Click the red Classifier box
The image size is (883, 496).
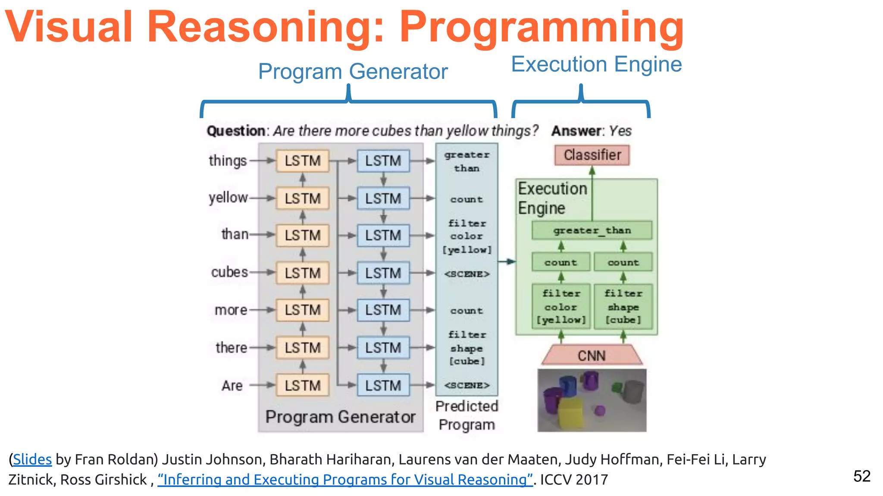(592, 155)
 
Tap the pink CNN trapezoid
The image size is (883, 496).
(592, 356)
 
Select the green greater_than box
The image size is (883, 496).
(592, 230)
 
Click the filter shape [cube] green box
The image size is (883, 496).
(623, 307)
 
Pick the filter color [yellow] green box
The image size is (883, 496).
(560, 307)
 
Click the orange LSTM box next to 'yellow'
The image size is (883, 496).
(303, 198)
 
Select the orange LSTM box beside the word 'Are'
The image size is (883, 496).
(303, 385)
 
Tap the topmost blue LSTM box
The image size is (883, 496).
(383, 161)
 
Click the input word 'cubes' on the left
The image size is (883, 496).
(229, 273)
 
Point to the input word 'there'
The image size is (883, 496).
(232, 347)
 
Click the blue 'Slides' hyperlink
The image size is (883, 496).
(32, 459)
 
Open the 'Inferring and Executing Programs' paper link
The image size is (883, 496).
(345, 480)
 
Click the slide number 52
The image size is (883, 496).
(861, 476)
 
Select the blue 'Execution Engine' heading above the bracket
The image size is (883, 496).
(596, 65)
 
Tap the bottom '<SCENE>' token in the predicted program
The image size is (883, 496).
(467, 385)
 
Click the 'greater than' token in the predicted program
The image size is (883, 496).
(467, 161)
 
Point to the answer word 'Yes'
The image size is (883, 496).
(620, 131)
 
